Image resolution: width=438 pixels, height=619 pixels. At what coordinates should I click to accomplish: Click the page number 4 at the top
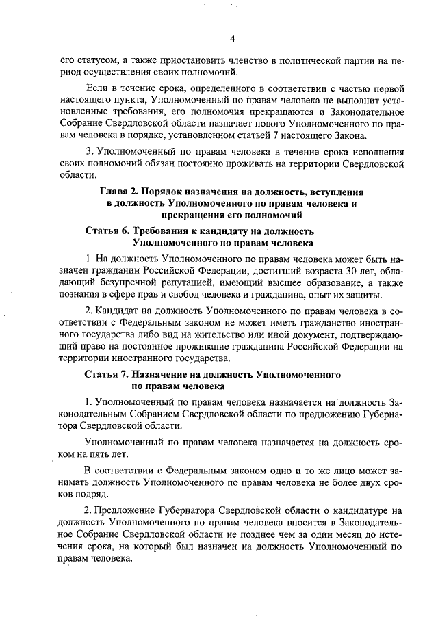click(232, 38)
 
